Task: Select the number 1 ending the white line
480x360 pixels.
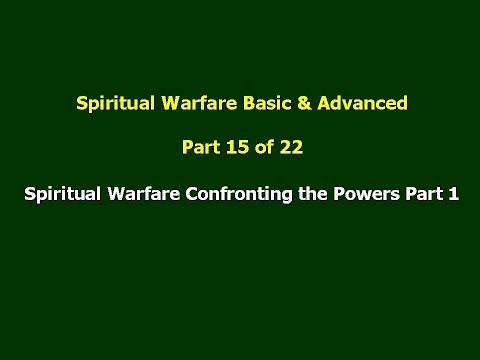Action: (453, 197)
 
